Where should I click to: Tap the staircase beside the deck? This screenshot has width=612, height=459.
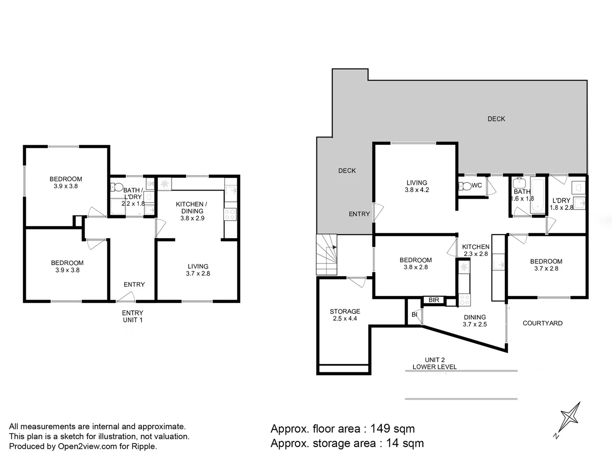326,255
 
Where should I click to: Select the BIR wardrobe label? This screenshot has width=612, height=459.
434,300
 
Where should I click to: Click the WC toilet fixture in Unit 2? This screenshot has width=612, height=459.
464,186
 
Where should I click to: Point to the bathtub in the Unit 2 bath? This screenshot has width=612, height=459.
537,195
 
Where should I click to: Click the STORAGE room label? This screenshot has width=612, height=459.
345,311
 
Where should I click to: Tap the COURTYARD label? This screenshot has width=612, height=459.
543,323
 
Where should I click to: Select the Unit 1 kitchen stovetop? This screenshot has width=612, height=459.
230,215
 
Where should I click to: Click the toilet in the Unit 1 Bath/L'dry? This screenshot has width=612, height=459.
116,187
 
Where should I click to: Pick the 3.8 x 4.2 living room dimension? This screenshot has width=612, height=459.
417,190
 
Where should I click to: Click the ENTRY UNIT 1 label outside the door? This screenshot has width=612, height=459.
133,316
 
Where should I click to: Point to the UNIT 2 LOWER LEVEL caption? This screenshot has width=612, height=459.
435,363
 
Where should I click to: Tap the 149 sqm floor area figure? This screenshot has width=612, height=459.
392,429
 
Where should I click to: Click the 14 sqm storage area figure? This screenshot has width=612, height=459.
405,443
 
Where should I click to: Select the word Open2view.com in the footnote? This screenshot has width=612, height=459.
87,446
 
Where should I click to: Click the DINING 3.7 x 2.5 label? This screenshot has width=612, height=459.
475,321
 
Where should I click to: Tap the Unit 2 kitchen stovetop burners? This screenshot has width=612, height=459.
464,300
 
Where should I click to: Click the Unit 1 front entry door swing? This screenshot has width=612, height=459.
125,297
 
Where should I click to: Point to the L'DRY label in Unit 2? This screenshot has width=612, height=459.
561,200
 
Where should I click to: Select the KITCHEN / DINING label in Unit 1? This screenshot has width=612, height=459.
192,208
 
